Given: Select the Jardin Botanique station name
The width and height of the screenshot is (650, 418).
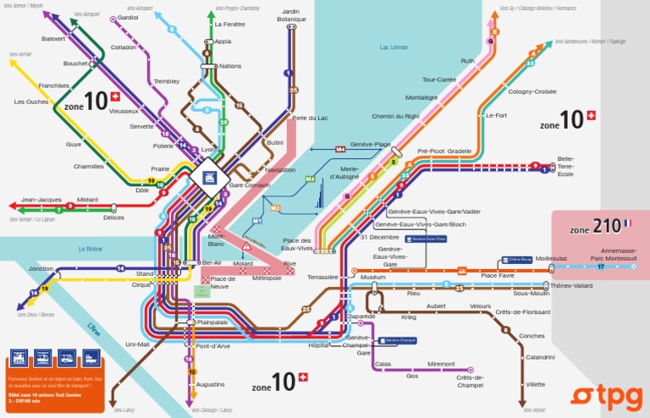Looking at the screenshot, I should [x=291, y=14].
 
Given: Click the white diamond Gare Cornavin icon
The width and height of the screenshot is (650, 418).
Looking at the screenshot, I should [x=206, y=176].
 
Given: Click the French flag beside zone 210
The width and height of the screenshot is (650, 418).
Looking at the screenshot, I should [x=627, y=223].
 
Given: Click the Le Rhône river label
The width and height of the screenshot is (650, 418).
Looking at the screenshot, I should [x=90, y=249].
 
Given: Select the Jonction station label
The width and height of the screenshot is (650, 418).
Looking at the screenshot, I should [x=40, y=268].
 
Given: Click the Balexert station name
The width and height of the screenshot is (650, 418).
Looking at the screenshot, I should [x=53, y=39].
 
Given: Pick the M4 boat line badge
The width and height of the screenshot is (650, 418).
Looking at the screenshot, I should [x=340, y=149].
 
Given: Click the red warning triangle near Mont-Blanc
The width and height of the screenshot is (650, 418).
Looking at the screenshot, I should [x=246, y=245].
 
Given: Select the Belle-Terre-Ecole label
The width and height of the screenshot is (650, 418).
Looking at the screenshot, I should [x=565, y=166].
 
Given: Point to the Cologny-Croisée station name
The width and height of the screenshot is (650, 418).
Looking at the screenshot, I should [x=532, y=91].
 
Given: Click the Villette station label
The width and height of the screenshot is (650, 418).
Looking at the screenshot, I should [x=535, y=384].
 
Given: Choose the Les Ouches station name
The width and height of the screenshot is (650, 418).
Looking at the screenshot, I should [x=31, y=102].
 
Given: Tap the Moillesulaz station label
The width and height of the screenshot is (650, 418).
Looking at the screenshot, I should [x=551, y=258].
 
